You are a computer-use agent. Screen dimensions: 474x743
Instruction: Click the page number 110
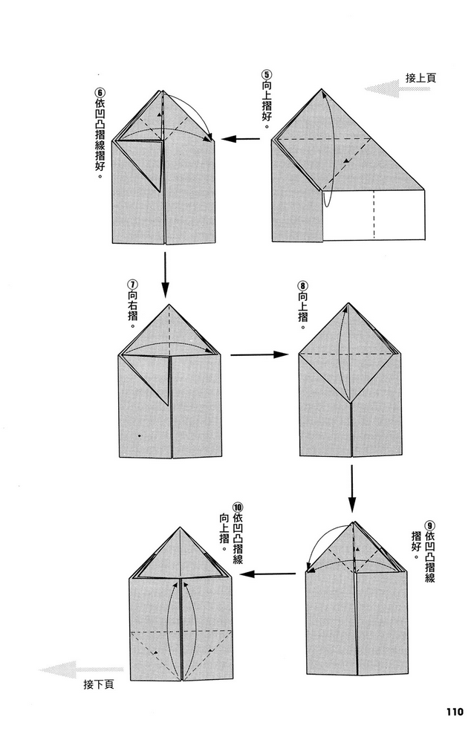coord(454,711)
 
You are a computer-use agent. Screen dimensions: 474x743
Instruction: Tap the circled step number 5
coord(267,75)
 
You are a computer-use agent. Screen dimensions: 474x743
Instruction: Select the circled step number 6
coord(100,93)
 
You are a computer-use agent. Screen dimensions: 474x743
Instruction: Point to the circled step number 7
coord(133,285)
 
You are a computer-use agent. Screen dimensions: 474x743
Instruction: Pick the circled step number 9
coord(429,525)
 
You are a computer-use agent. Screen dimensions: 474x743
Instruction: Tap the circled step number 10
coord(238,507)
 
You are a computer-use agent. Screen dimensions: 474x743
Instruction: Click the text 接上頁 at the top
coord(421,78)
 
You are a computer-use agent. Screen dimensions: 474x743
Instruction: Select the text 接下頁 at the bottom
coord(99,684)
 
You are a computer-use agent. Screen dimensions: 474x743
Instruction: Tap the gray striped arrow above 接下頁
coord(80,669)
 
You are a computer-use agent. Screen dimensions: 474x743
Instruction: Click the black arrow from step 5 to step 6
coord(240,139)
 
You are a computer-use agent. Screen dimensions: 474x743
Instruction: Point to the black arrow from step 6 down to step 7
coord(165,275)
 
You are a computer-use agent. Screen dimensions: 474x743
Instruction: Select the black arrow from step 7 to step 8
coord(259,354)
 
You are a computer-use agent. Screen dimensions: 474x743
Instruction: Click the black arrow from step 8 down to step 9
coord(351,489)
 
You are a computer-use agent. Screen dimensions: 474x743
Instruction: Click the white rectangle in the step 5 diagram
coord(374,215)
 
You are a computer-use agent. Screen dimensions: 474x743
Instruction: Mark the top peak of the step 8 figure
coord(349,303)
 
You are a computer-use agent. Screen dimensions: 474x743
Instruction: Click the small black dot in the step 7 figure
coord(139,435)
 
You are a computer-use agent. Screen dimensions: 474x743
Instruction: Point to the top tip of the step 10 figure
coord(180,527)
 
